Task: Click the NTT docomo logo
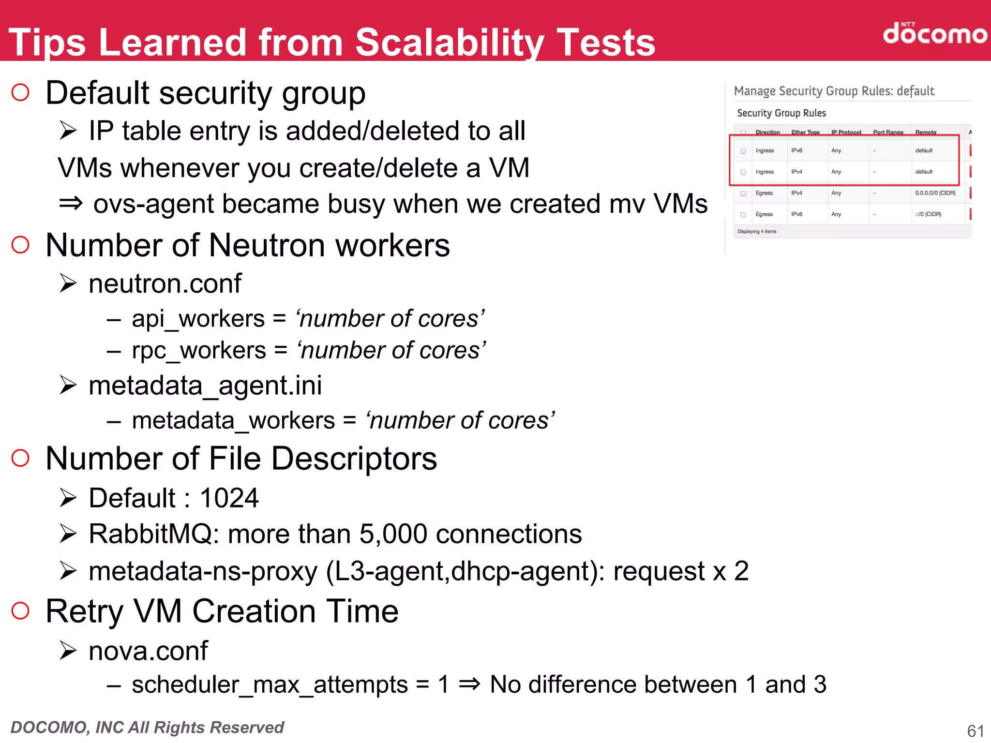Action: (934, 33)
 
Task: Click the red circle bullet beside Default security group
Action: (20, 92)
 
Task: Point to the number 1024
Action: (229, 498)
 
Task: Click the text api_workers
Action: (198, 319)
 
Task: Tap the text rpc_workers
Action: (199, 350)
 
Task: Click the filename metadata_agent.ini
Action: (205, 386)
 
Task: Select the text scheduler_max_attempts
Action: (270, 685)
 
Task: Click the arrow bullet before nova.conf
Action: (68, 651)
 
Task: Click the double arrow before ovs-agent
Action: (71, 204)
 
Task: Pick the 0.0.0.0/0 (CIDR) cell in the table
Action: (935, 193)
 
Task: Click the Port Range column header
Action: (888, 132)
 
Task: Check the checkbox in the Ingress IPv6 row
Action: (743, 151)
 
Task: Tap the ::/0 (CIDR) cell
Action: (928, 214)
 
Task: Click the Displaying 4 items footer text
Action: (756, 232)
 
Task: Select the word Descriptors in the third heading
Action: (354, 459)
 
